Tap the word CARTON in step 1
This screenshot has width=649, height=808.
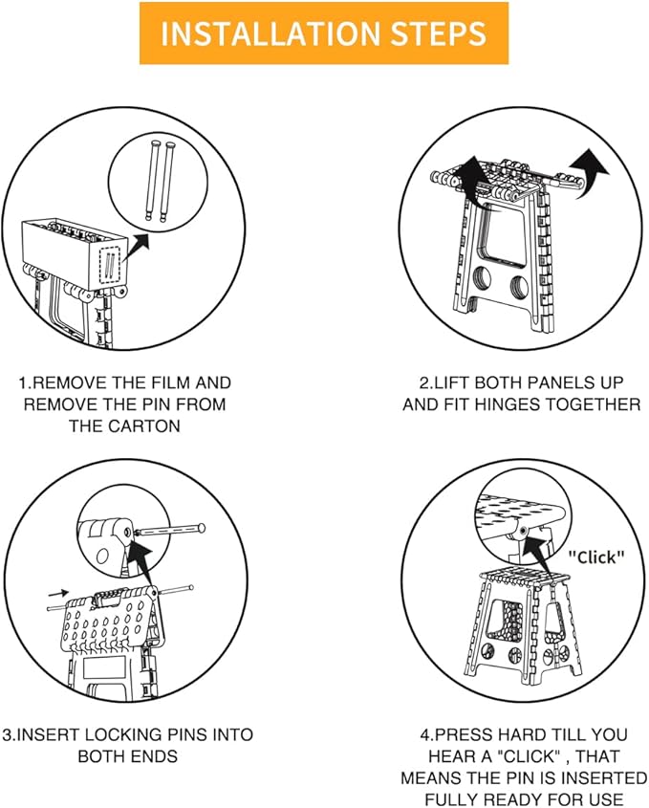tap(124, 426)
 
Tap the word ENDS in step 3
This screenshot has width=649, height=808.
tap(161, 756)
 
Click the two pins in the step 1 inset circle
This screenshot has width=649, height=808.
tap(160, 179)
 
